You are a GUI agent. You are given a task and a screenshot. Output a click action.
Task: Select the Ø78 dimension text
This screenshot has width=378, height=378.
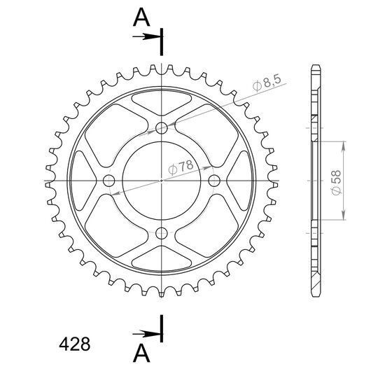pos(181,167)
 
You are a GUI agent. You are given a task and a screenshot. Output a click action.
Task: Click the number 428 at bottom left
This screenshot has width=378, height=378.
pos(75,344)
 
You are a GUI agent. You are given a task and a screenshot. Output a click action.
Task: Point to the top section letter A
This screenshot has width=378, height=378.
pos(141,17)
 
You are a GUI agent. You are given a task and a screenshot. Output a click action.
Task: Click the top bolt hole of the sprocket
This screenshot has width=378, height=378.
pos(162,128)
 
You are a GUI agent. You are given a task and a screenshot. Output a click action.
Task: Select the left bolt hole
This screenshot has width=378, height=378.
pos(109,181)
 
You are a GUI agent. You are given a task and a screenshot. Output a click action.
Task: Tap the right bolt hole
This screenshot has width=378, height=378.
pos(214,181)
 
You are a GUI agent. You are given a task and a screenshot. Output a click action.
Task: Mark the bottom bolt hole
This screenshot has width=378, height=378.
pos(162,233)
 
